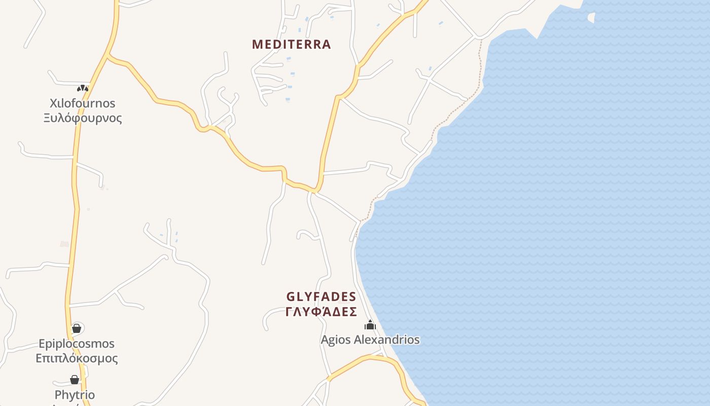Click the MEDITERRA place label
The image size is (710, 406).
pyautogui.click(x=292, y=45)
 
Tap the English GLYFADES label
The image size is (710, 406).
pyautogui.click(x=321, y=297)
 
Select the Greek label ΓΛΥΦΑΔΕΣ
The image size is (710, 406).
pyautogui.click(x=321, y=312)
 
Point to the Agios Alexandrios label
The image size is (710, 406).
pyautogui.click(x=370, y=340)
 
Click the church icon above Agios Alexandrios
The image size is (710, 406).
pyautogui.click(x=370, y=325)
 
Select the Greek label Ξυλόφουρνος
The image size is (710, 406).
pyautogui.click(x=82, y=118)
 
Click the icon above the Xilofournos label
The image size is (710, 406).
pyautogui.click(x=82, y=88)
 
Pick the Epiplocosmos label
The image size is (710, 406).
pyautogui.click(x=77, y=344)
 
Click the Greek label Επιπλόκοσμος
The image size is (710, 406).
pyautogui.click(x=77, y=358)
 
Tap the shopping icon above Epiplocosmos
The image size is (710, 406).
pyautogui.click(x=77, y=328)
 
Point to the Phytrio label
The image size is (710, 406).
pyautogui.click(x=75, y=395)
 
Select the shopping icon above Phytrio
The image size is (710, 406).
pyautogui.click(x=75, y=380)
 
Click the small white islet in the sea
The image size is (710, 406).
pyautogui.click(x=591, y=18)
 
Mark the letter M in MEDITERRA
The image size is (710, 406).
pyautogui.click(x=257, y=45)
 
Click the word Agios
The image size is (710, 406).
pyautogui.click(x=335, y=340)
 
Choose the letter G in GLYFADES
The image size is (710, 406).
pyautogui.click(x=291, y=297)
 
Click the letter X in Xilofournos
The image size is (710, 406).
pyautogui.click(x=53, y=104)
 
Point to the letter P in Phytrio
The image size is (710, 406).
pyautogui.click(x=58, y=395)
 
